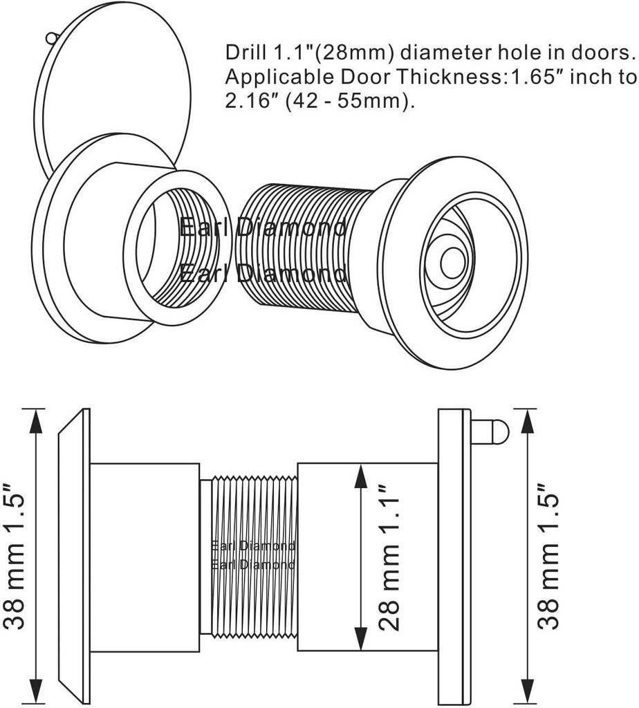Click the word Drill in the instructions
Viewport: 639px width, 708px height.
click(x=243, y=53)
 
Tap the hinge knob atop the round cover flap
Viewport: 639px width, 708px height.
click(x=50, y=37)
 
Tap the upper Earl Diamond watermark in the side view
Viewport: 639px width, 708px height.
click(x=253, y=546)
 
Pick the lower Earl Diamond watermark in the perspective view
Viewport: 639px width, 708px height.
click(x=263, y=274)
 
